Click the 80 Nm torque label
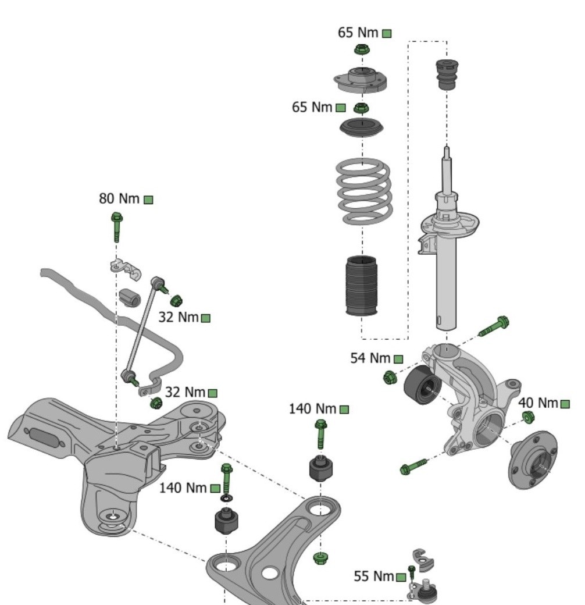pos(119,199)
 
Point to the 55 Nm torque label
pos(374,576)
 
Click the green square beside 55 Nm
pos(401,578)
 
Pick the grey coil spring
pos(363,191)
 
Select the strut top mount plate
pos(361,81)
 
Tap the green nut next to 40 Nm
pos(528,417)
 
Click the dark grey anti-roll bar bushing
pos(130,297)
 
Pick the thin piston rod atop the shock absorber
pos(447,172)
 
